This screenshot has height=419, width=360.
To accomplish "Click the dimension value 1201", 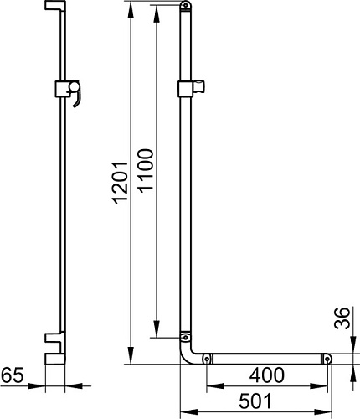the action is (x=120, y=183).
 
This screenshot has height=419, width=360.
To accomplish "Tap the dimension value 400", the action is (x=267, y=375).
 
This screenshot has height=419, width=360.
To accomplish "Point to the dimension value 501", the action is (x=255, y=401).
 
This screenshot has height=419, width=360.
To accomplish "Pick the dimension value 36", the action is (x=342, y=318).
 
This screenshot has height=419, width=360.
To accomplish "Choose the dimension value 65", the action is (x=13, y=375).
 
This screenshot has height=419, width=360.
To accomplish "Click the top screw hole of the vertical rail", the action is (x=185, y=5).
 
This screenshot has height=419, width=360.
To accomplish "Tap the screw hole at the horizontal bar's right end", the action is (x=327, y=359).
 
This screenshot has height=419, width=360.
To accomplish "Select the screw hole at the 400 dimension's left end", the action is (x=207, y=359).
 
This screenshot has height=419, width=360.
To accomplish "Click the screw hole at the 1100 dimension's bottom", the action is (x=185, y=338).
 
